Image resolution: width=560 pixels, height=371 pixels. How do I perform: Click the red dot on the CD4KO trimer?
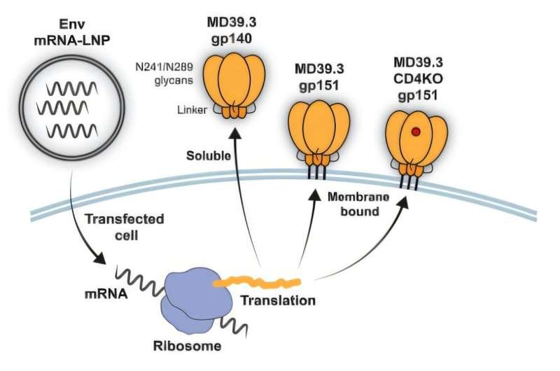click(415, 132)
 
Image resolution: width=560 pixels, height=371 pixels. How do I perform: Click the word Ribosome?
click(187, 346)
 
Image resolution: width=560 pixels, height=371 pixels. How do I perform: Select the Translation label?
click(277, 300)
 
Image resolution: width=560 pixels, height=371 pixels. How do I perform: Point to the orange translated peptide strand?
click(257, 282)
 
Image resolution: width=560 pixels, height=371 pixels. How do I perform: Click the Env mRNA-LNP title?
click(72, 32)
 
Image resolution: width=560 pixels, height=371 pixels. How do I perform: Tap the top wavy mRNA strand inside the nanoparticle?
click(71, 89)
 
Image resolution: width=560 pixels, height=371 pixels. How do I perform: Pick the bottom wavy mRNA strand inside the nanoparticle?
click(72, 131)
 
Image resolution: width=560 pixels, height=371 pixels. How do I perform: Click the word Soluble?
click(208, 155)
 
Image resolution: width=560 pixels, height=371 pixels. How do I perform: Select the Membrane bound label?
click(358, 204)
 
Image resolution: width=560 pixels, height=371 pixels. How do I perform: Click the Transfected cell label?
click(125, 227)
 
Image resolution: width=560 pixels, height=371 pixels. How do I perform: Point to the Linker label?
click(192, 110)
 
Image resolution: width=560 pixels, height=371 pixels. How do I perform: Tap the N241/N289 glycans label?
click(164, 73)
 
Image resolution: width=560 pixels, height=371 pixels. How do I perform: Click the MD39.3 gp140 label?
click(232, 30)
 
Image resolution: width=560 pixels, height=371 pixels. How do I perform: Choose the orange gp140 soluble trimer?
click(234, 85)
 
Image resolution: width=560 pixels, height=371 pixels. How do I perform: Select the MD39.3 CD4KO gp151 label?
click(418, 78)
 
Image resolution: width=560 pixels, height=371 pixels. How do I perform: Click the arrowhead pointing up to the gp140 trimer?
click(234, 132)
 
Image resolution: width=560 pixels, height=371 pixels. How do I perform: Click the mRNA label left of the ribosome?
click(106, 294)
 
